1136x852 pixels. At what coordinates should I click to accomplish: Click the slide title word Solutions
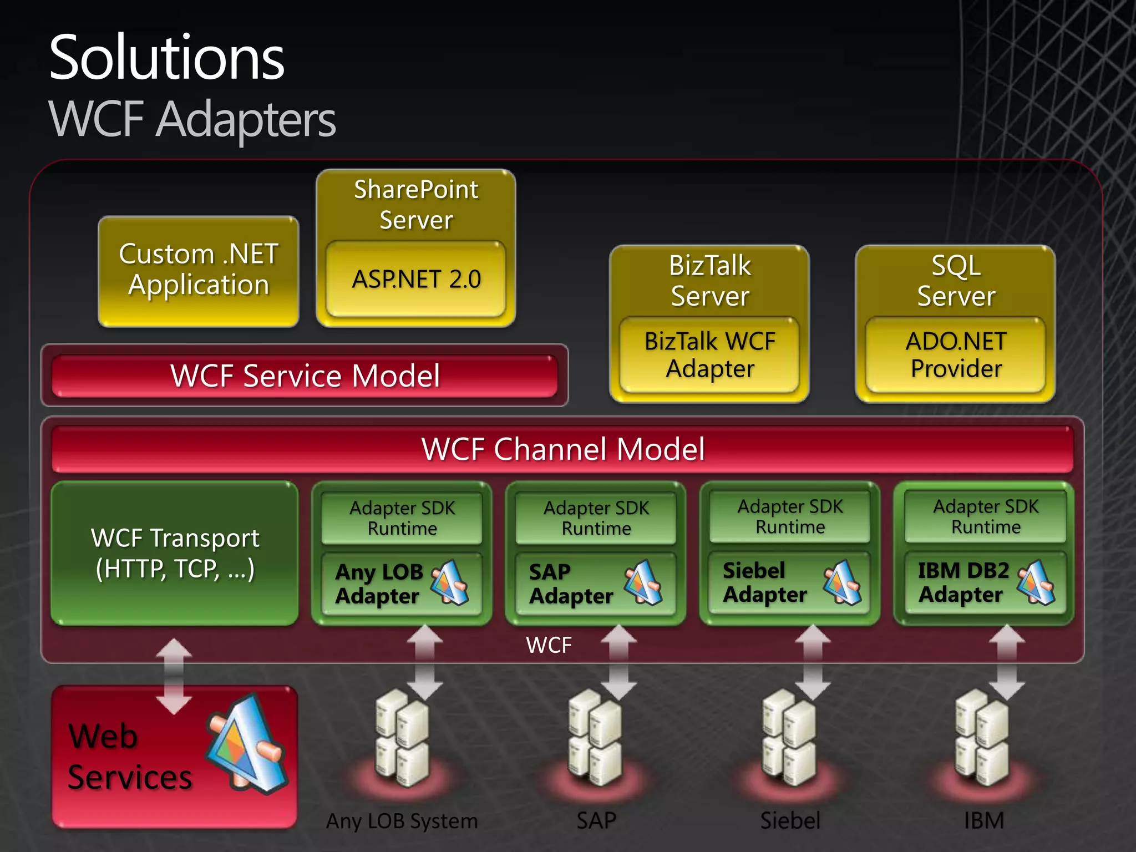click(x=166, y=58)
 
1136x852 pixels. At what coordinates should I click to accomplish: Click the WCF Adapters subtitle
click(x=192, y=119)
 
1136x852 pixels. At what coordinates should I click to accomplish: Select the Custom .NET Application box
click(x=198, y=270)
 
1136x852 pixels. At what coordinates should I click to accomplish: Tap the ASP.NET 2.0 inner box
click(x=416, y=279)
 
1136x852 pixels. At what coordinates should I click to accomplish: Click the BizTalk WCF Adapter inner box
click(x=709, y=354)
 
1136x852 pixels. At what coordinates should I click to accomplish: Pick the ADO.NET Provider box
click(x=956, y=354)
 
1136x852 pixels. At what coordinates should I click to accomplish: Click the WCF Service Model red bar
click(x=305, y=376)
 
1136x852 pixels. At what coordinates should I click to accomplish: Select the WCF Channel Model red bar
click(x=562, y=449)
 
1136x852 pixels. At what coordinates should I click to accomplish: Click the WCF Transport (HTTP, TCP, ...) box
click(x=174, y=553)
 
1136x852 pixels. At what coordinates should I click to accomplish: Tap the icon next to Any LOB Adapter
click(x=450, y=582)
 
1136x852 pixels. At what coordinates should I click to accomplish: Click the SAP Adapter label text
click(x=570, y=584)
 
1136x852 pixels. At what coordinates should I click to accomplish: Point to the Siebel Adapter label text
click(x=764, y=582)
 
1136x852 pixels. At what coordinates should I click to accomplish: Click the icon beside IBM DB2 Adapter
click(x=1036, y=582)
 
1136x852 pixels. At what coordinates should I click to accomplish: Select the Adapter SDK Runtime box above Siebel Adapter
click(x=790, y=516)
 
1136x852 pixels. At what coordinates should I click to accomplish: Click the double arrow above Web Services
click(x=174, y=676)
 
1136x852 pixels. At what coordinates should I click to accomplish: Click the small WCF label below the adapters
click(x=549, y=645)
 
